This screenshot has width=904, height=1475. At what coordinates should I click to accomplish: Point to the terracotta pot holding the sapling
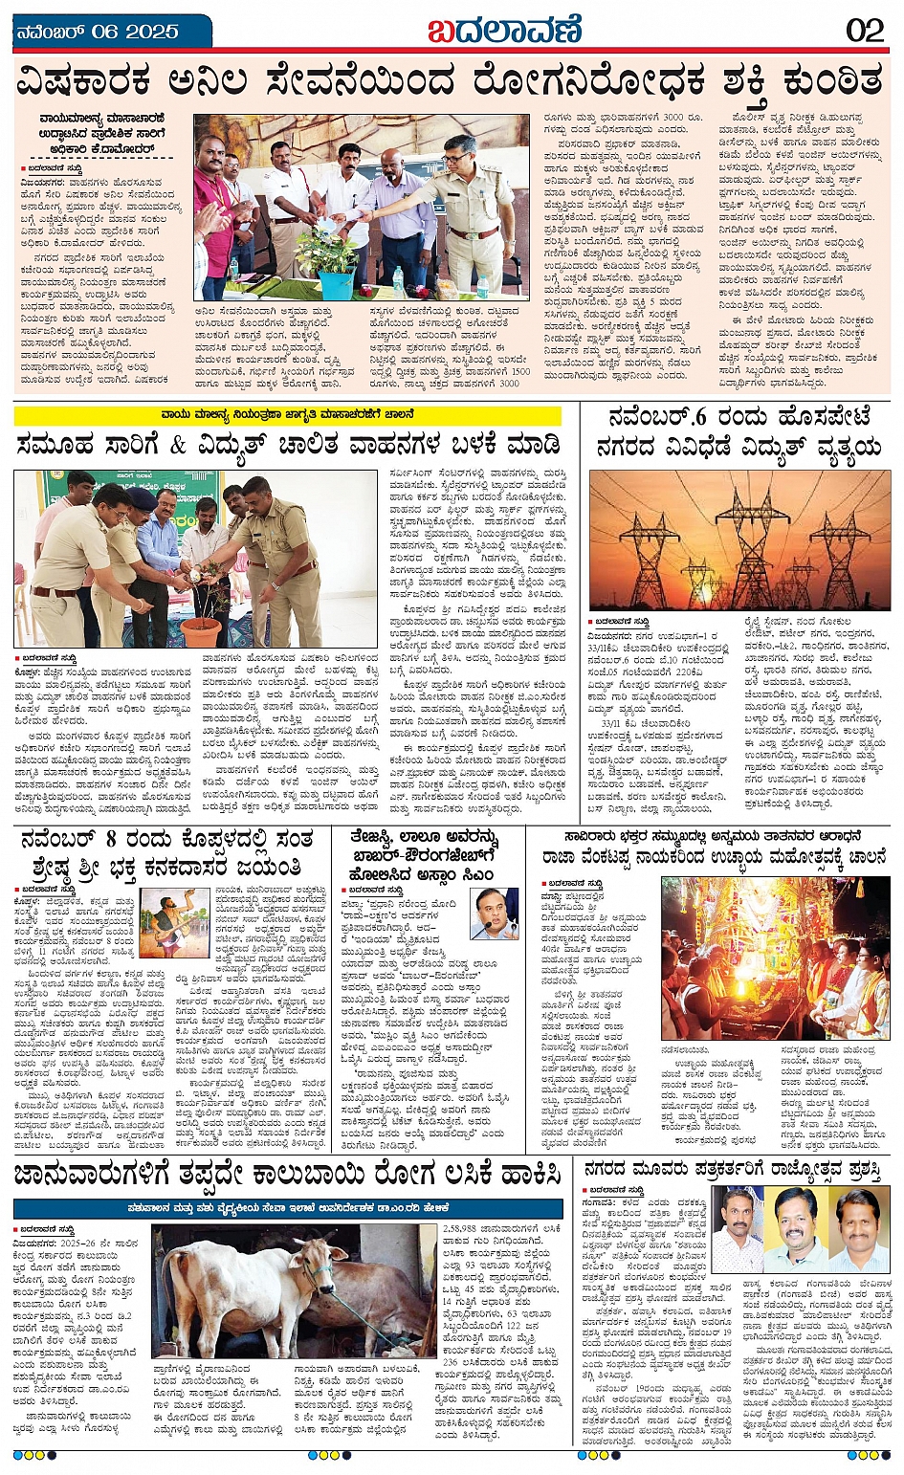click(199, 632)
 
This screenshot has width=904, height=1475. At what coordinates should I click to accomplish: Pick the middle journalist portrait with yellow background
click(795, 1229)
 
